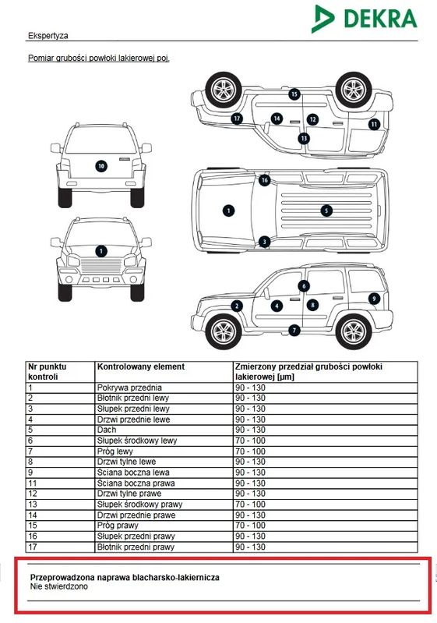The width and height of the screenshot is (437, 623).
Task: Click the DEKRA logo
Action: (365, 19)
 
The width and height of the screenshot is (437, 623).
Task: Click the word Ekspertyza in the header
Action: (48, 35)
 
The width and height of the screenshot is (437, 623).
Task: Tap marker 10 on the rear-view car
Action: (101, 165)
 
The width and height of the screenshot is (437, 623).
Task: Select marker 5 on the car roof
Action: (326, 211)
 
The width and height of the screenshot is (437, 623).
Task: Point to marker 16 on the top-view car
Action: (264, 180)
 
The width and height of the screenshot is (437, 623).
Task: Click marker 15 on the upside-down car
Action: (294, 94)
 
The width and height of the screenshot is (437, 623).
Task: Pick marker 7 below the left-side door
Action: (294, 330)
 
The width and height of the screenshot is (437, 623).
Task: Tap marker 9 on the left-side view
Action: (374, 299)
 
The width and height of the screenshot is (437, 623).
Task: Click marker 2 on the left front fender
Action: (237, 306)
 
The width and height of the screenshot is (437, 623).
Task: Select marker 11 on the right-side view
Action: (374, 124)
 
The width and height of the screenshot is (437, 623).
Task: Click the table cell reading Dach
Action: (107, 430)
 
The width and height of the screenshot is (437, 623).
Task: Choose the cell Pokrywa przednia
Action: (129, 388)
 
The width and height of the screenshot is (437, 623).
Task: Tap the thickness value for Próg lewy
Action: (250, 451)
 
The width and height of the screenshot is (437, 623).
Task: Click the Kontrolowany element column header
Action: (141, 366)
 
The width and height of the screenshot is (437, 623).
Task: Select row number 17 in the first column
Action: (33, 547)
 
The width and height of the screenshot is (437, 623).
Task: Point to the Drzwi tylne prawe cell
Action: (129, 494)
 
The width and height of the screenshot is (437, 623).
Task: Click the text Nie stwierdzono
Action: (59, 586)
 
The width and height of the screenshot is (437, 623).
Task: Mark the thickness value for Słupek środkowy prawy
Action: (250, 504)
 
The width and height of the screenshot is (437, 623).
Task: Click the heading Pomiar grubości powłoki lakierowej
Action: (99, 58)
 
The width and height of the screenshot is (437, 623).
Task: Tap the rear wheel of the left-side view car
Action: (353, 331)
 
